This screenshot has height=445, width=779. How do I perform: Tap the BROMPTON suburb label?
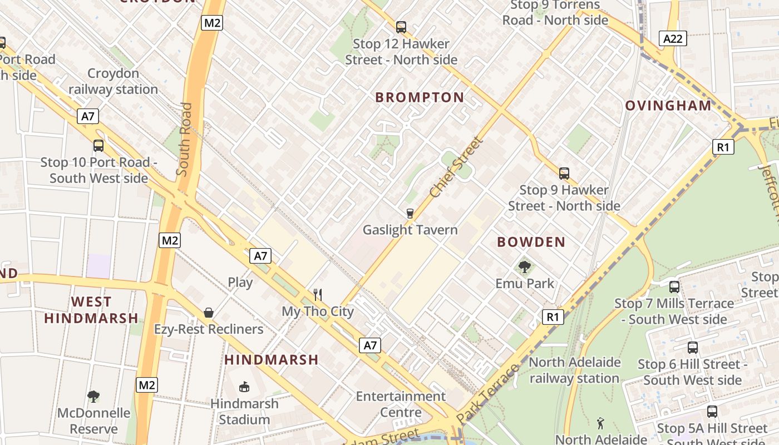tap(420, 97)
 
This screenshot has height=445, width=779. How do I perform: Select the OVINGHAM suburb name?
tap(668, 106)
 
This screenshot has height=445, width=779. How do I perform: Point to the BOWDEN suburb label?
tap(531, 242)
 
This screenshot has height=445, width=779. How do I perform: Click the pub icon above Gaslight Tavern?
tap(410, 213)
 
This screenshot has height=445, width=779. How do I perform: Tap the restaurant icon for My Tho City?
tap(318, 294)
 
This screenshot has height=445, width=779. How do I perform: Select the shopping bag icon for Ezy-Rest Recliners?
tap(209, 313)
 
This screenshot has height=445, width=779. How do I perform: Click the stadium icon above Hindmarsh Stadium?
tap(244, 387)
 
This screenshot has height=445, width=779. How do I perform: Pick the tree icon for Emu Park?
tap(524, 267)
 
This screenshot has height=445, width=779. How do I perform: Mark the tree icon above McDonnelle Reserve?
tap(93, 397)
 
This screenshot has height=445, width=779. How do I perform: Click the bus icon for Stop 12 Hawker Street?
tap(401, 27)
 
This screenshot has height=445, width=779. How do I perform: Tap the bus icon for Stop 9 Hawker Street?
tap(564, 173)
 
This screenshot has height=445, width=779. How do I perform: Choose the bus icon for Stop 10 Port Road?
tap(98, 146)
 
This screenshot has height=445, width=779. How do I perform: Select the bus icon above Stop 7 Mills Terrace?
tap(674, 287)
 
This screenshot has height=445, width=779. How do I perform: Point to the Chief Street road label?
tap(456, 167)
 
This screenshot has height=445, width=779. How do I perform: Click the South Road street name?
tap(184, 139)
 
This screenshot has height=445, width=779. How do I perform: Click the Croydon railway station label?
tap(113, 81)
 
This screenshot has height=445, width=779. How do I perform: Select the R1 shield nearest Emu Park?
tap(553, 317)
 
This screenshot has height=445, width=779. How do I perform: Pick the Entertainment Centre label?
tap(401, 404)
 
